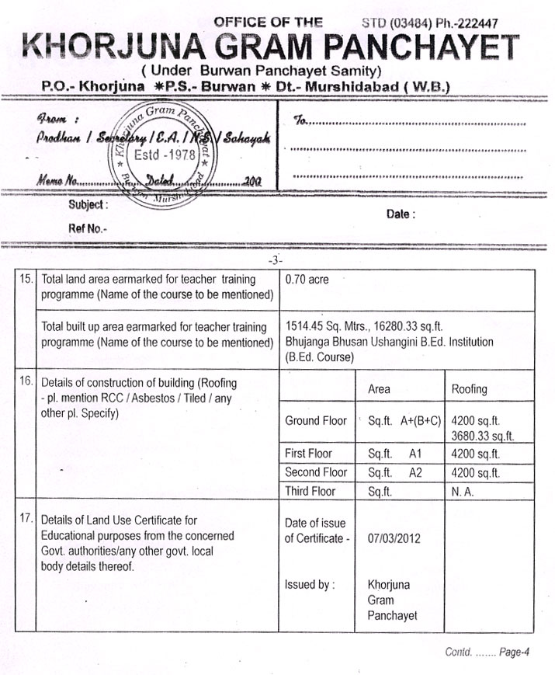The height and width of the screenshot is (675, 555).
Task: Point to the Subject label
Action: [x=88, y=205]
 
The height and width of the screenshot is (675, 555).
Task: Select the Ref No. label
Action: [x=88, y=228]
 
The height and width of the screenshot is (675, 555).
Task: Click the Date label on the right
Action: [x=401, y=214]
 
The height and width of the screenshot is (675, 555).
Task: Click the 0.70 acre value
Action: [x=307, y=280]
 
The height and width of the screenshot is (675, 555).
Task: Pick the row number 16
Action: [x=26, y=382]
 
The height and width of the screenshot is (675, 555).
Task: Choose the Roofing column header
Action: [x=469, y=388]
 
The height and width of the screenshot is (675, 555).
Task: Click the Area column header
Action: [x=378, y=388]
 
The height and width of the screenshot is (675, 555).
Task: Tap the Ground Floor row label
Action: [x=316, y=421]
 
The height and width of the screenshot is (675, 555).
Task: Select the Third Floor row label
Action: [x=310, y=491]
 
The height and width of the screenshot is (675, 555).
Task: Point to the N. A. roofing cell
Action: [x=465, y=491]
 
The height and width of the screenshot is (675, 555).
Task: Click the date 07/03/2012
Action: [x=394, y=538]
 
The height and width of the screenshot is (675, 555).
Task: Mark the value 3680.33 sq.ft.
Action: [x=483, y=436]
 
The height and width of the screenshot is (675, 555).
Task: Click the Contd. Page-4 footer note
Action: [x=487, y=652]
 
